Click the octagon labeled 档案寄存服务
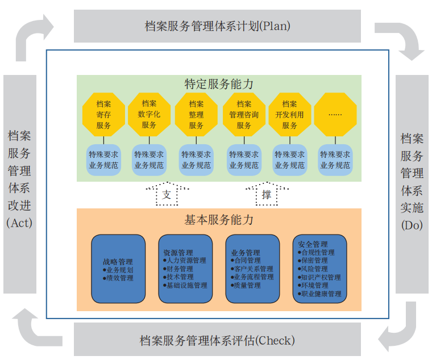[103, 115]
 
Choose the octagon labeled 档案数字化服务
[149, 115]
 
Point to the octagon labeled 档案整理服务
[196, 115]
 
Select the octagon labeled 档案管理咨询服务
[244, 115]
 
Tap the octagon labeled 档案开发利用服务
[289, 115]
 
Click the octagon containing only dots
[335, 115]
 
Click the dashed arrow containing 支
[167, 195]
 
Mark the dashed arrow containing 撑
[266, 195]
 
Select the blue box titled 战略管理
[118, 269]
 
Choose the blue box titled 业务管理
[253, 269]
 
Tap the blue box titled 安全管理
[320, 269]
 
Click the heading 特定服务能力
[219, 84]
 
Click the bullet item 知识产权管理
[322, 278]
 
